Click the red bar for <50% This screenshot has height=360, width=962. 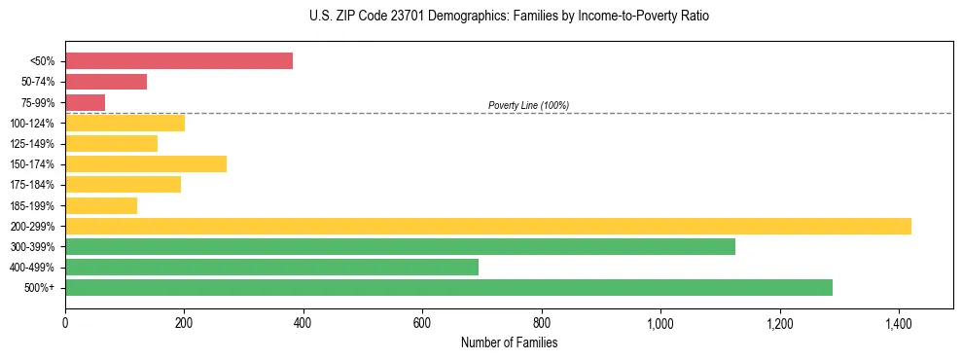pos(179,61)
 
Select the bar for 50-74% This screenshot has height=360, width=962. pos(106,82)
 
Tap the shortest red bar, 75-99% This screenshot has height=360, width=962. pos(85,102)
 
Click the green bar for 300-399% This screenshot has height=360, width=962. pos(400,246)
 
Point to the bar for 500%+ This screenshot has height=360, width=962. pos(448,287)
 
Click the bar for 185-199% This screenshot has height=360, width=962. pos(101,205)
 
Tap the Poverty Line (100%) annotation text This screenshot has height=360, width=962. pos(528,105)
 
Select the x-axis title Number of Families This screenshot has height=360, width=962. pos(509,342)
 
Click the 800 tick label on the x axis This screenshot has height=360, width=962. pos(542,323)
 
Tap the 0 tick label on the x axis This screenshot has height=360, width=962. pos(65,323)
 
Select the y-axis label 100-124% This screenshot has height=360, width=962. pos(32,124)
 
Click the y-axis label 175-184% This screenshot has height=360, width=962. pos(32,185)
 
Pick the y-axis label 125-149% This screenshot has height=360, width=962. pos(32,144)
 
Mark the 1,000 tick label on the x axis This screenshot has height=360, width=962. pos(660,323)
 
